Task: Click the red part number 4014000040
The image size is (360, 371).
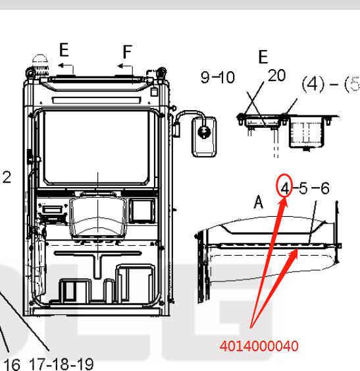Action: click(x=259, y=346)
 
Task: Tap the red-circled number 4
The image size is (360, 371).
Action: click(x=286, y=189)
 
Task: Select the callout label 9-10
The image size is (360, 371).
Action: click(x=218, y=77)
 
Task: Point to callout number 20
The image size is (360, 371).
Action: click(x=277, y=75)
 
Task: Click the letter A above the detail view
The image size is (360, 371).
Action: click(x=259, y=202)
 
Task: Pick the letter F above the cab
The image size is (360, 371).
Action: click(x=128, y=52)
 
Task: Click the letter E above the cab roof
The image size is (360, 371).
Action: click(x=64, y=49)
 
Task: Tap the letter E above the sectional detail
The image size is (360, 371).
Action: click(x=263, y=57)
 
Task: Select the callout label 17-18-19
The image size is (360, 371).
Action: click(x=61, y=364)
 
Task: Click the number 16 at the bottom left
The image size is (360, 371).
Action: click(x=12, y=364)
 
